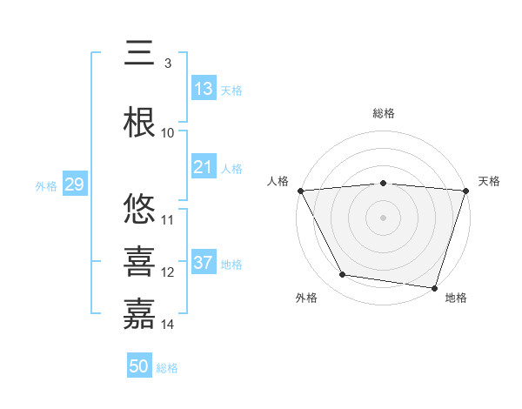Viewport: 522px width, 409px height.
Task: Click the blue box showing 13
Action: pyautogui.click(x=204, y=89)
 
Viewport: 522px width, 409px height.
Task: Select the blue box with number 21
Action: pyautogui.click(x=204, y=167)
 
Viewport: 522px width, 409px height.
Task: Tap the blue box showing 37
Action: pyautogui.click(x=204, y=263)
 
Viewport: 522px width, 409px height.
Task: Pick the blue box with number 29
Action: pyautogui.click(x=74, y=184)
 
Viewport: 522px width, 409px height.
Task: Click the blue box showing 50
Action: pyautogui.click(x=139, y=366)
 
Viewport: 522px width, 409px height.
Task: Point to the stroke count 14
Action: pyautogui.click(x=168, y=325)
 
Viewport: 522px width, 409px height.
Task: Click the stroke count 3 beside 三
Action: pyautogui.click(x=167, y=63)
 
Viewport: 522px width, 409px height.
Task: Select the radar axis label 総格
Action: pyautogui.click(x=383, y=113)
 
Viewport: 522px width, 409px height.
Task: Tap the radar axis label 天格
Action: pyautogui.click(x=489, y=181)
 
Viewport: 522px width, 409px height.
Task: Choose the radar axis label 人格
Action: pyautogui.click(x=278, y=181)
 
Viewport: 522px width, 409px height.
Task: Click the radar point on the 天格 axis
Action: pyautogui.click(x=465, y=191)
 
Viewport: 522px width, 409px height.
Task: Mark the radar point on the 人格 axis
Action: pyautogui.click(x=300, y=191)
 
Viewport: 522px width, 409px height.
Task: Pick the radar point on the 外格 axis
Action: pyautogui.click(x=343, y=275)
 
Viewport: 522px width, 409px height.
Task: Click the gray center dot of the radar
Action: pyautogui.click(x=383, y=218)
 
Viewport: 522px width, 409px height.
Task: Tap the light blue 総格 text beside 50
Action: pyautogui.click(x=167, y=368)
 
